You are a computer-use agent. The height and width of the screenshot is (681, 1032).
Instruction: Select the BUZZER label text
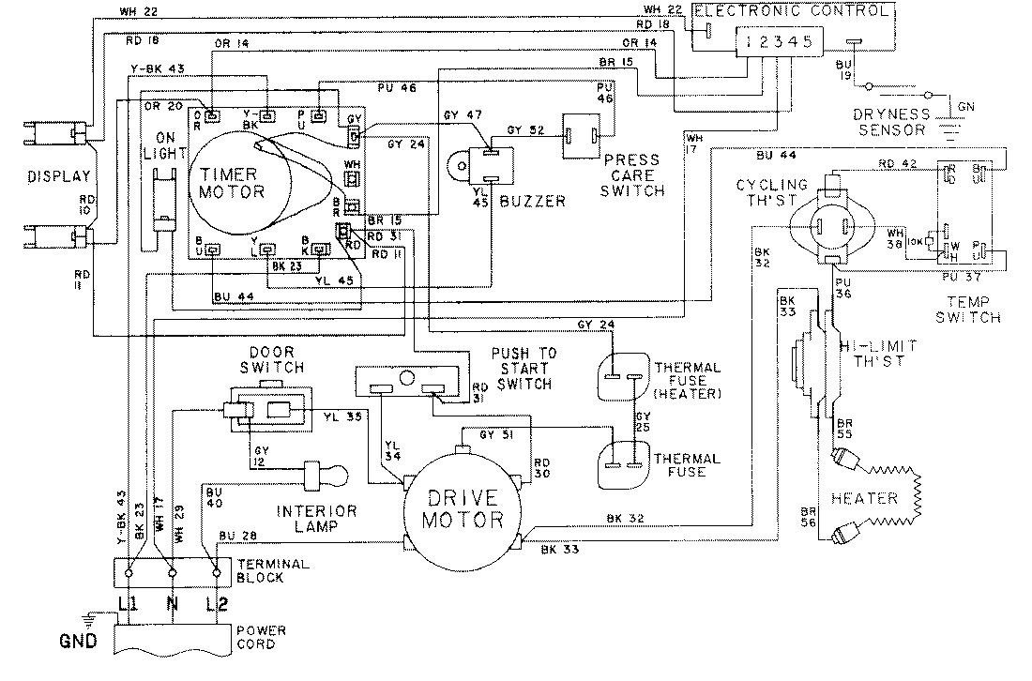(533, 201)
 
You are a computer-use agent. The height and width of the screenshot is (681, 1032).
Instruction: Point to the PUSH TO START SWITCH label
(524, 368)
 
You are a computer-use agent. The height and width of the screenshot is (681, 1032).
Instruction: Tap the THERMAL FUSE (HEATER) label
(688, 381)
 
